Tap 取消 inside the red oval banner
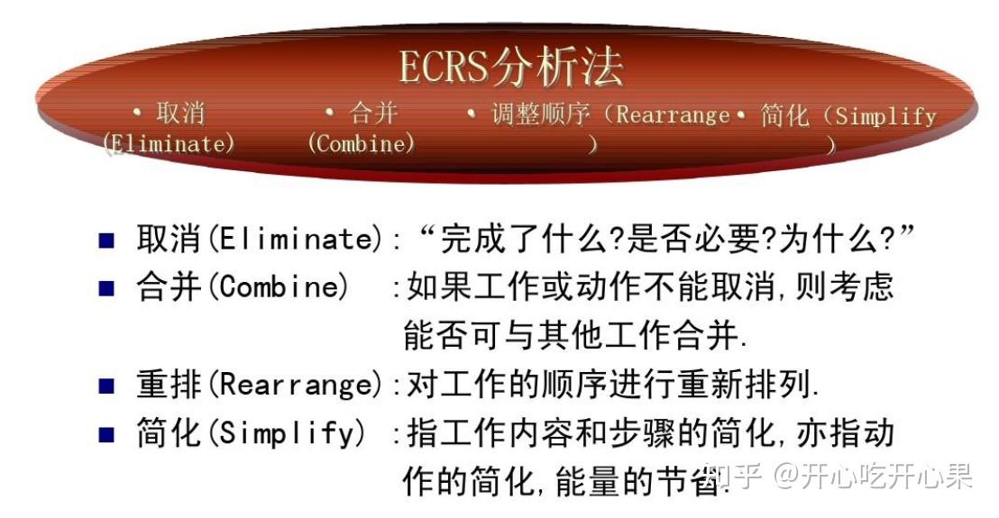(x=180, y=114)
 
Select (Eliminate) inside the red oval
(x=170, y=143)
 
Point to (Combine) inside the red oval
(x=362, y=143)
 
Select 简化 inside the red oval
(x=784, y=116)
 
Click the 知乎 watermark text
(x=733, y=475)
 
